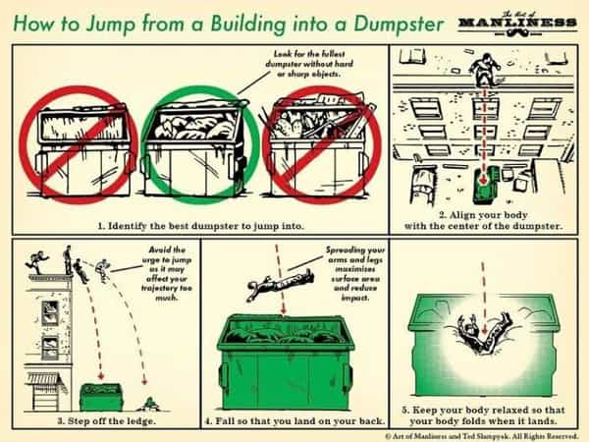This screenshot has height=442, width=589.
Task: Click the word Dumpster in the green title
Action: click(x=399, y=25)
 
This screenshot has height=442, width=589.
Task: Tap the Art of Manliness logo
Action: click(x=517, y=24)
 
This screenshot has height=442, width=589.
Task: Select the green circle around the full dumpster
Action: click(x=200, y=144)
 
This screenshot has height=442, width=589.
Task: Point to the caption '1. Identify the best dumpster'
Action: click(x=200, y=226)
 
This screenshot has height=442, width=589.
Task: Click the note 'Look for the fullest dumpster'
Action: click(x=309, y=64)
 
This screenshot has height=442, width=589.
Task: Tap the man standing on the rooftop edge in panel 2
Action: click(x=485, y=70)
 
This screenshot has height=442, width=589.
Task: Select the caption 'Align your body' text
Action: click(x=484, y=220)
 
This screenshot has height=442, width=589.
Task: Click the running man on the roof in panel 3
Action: click(x=37, y=261)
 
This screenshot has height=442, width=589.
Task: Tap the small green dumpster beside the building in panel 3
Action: click(x=101, y=397)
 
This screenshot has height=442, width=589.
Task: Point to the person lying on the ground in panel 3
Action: click(x=149, y=405)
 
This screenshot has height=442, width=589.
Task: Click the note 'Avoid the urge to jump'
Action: click(x=167, y=273)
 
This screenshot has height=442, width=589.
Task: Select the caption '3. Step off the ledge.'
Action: click(x=106, y=421)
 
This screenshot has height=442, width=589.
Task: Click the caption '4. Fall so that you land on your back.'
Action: click(x=294, y=421)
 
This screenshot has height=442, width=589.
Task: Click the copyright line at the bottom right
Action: click(x=482, y=435)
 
